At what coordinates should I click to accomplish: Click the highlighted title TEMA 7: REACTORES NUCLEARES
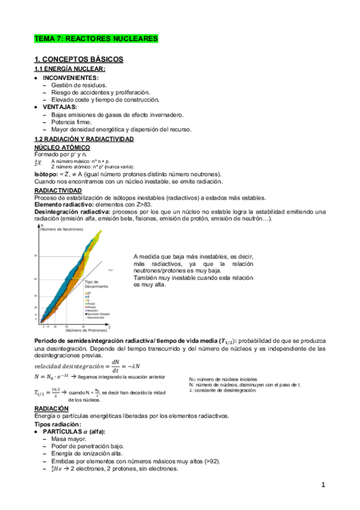tap(96, 38)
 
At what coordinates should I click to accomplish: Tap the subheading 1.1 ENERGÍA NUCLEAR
tap(70, 69)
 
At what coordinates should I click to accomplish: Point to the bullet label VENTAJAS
tap(59, 106)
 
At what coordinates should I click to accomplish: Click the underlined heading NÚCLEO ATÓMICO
tap(63, 147)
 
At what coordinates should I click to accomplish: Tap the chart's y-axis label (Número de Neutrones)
tap(63, 229)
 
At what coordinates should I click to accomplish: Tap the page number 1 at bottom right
tap(323, 485)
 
